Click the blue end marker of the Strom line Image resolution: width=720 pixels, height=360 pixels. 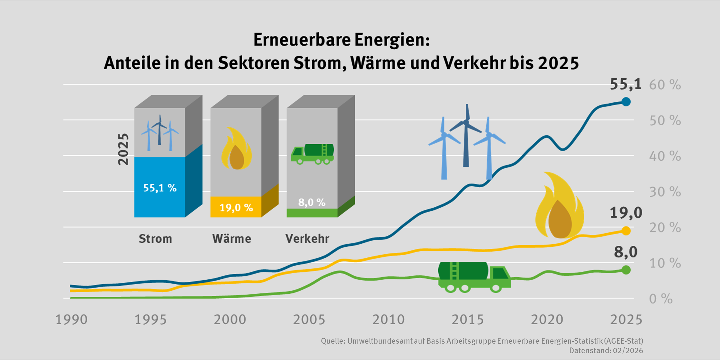[626, 102]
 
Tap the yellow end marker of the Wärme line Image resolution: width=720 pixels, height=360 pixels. [626, 231]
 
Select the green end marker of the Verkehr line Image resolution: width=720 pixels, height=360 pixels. [626, 270]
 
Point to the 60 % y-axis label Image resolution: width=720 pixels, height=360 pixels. [665, 85]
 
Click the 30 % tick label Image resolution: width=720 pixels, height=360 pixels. [665, 192]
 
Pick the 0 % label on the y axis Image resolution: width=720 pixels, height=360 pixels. [660, 299]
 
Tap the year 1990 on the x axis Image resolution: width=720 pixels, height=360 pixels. [71, 320]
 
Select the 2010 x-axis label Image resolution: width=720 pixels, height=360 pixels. [388, 320]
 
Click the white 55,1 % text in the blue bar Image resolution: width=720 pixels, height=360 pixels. [160, 188]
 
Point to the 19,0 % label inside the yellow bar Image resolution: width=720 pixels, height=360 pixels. [236, 207]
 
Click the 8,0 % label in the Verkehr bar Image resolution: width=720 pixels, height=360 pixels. [312, 203]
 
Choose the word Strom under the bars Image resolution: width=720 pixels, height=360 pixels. [155, 239]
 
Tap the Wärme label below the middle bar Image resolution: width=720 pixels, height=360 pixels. [232, 239]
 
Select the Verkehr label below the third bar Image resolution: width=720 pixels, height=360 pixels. [307, 239]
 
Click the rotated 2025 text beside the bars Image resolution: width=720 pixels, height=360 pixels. [123, 149]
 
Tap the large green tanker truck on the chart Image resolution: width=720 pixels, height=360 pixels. [474, 277]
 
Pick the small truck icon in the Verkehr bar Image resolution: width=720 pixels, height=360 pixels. [312, 154]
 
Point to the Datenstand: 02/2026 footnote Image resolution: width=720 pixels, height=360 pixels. [606, 351]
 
